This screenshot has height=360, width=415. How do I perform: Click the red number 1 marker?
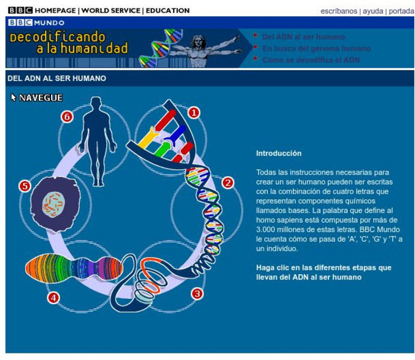(194, 112)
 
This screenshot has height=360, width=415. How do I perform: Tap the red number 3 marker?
(196, 293)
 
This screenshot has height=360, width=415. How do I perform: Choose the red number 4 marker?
(54, 297)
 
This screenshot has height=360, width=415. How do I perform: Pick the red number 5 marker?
(25, 186)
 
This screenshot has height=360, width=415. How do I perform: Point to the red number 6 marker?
(67, 117)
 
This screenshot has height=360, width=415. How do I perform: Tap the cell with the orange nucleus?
(53, 204)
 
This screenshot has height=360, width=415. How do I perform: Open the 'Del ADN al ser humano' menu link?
(303, 37)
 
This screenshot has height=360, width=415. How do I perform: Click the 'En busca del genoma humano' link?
(316, 49)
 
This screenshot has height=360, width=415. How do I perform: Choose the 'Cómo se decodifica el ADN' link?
(310, 60)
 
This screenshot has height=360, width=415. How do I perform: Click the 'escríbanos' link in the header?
(339, 11)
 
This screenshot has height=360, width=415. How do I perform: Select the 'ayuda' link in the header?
(372, 11)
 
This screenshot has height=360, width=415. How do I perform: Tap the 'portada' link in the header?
(401, 11)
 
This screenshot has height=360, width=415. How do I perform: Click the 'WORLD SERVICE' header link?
(111, 11)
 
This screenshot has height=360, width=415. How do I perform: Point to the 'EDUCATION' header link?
(168, 11)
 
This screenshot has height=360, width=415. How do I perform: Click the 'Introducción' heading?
(279, 154)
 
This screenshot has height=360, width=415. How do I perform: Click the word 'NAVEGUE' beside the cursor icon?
(41, 98)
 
